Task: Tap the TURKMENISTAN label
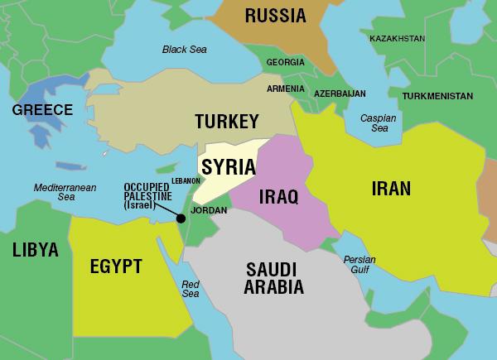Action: tap(438, 96)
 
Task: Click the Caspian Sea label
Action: tap(378, 124)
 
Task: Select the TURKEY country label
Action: tap(227, 122)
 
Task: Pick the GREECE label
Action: tap(43, 110)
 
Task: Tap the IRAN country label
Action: tap(390, 188)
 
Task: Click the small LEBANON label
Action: tap(186, 180)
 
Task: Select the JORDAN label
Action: tap(208, 210)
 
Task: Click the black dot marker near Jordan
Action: tap(180, 218)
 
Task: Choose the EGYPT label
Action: tap(116, 266)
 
